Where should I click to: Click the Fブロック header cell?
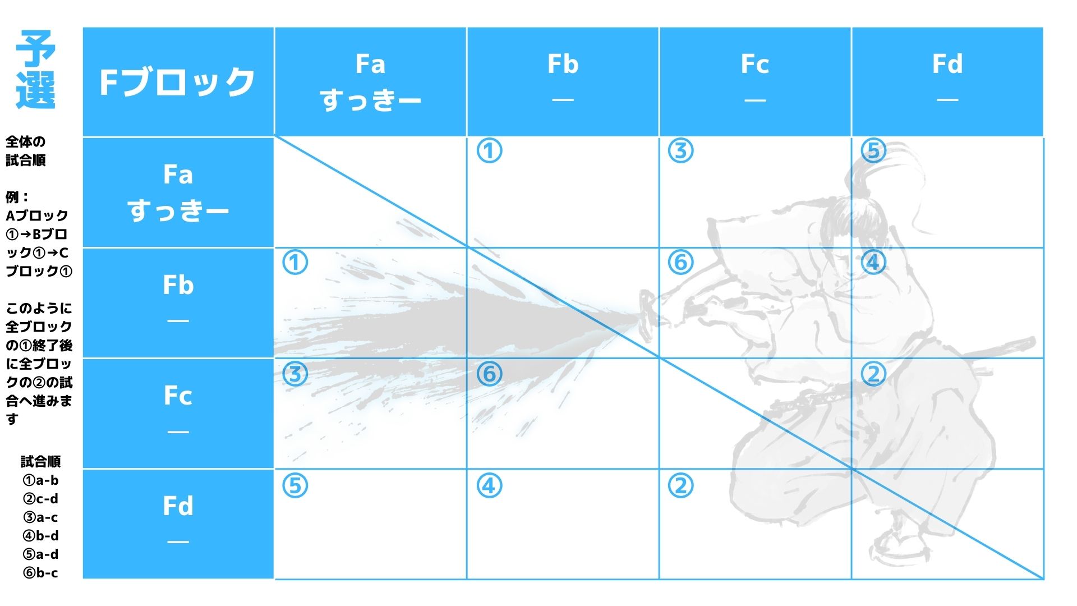178,81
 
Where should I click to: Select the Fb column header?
563,81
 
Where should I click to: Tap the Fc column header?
755,81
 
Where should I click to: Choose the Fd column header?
947,81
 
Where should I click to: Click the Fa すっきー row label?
178,192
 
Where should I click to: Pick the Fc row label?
178,414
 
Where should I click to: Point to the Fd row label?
178,524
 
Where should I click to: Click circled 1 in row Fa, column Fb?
489,151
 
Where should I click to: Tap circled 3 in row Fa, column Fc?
681,151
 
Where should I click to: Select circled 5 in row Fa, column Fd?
873,151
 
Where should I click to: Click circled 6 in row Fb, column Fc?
681,262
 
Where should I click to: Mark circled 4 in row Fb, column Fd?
873,262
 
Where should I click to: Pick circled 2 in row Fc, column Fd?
873,374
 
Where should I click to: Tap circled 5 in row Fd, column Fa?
296,485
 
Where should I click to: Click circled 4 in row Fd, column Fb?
489,485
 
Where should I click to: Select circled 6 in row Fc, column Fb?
489,374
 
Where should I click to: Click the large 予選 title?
36,70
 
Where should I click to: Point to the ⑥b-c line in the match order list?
40,573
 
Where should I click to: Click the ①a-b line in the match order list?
40,480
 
